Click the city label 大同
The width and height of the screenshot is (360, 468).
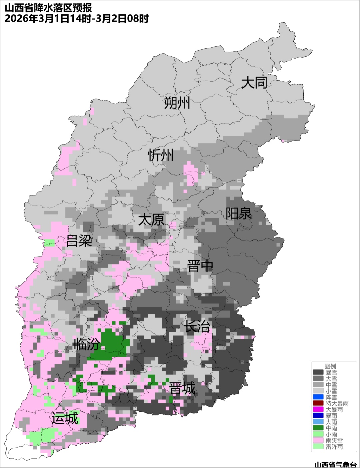[254, 83]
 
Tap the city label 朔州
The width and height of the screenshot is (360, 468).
[177, 103]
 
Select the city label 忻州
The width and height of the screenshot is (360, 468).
[161, 155]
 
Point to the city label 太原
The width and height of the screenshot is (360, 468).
[151, 220]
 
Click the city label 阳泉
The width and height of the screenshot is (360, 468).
[239, 214]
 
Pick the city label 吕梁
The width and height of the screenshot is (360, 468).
[79, 240]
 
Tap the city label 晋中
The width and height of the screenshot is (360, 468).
[200, 266]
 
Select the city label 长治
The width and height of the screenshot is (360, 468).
[197, 326]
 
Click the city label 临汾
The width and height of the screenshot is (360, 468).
[86, 344]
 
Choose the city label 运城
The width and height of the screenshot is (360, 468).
[65, 418]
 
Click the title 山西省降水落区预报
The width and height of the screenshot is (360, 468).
[48, 8]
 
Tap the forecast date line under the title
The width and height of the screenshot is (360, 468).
[76, 19]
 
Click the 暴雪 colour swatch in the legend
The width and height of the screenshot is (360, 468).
[318, 372]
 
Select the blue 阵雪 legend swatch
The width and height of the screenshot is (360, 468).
[318, 397]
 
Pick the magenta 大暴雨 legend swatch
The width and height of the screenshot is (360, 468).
[318, 409]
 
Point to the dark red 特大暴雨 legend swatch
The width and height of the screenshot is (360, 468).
[318, 403]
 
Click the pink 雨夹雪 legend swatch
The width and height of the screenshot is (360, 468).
[318, 440]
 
